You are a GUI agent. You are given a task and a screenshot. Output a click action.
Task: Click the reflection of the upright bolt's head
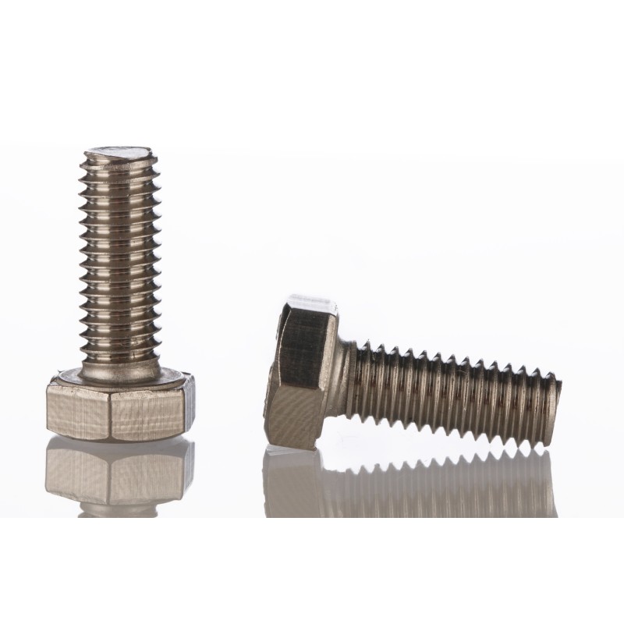tap(117, 476)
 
